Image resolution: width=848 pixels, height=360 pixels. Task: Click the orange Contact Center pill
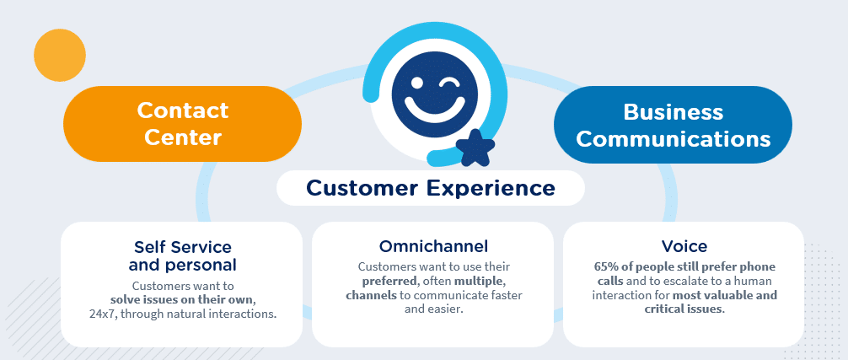point(182,124)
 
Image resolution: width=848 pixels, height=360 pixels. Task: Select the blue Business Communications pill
point(673,125)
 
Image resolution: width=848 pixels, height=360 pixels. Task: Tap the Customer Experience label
point(431,188)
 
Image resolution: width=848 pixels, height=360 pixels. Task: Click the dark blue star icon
point(475,148)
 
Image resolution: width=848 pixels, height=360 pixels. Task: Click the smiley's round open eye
point(416,83)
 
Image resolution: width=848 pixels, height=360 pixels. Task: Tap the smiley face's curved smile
point(435,109)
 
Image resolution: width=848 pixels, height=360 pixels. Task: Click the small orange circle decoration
point(60,55)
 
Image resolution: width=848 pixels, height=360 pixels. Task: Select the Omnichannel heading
point(433,246)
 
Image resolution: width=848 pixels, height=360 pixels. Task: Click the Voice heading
point(684,246)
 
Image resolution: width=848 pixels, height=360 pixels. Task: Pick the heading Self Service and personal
point(182,255)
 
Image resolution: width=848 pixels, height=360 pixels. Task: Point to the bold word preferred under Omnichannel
point(386,282)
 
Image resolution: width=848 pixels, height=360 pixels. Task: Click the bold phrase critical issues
point(684,309)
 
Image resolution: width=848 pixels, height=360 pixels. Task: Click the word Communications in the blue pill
point(674,138)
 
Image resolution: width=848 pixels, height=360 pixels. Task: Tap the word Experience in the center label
point(491,188)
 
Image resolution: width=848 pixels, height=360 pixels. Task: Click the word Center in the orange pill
point(183,137)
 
